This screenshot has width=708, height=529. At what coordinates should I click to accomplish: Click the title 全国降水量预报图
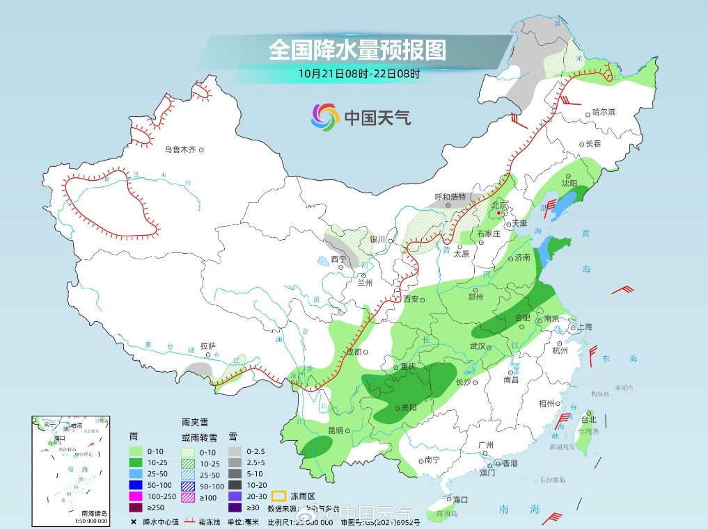click(x=357, y=50)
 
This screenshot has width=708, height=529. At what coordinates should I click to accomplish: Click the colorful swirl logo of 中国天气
click(x=325, y=116)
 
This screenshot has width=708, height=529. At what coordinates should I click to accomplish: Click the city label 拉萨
click(x=207, y=345)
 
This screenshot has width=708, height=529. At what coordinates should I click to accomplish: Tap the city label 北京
click(x=498, y=205)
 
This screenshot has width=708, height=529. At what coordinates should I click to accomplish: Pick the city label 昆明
click(x=336, y=430)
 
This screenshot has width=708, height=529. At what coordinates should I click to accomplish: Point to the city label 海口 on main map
click(x=460, y=499)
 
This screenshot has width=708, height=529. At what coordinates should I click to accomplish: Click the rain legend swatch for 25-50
click(x=136, y=473)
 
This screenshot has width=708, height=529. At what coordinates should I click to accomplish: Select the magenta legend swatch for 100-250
click(x=136, y=496)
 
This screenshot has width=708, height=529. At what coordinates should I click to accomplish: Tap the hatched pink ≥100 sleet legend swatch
click(x=188, y=496)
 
